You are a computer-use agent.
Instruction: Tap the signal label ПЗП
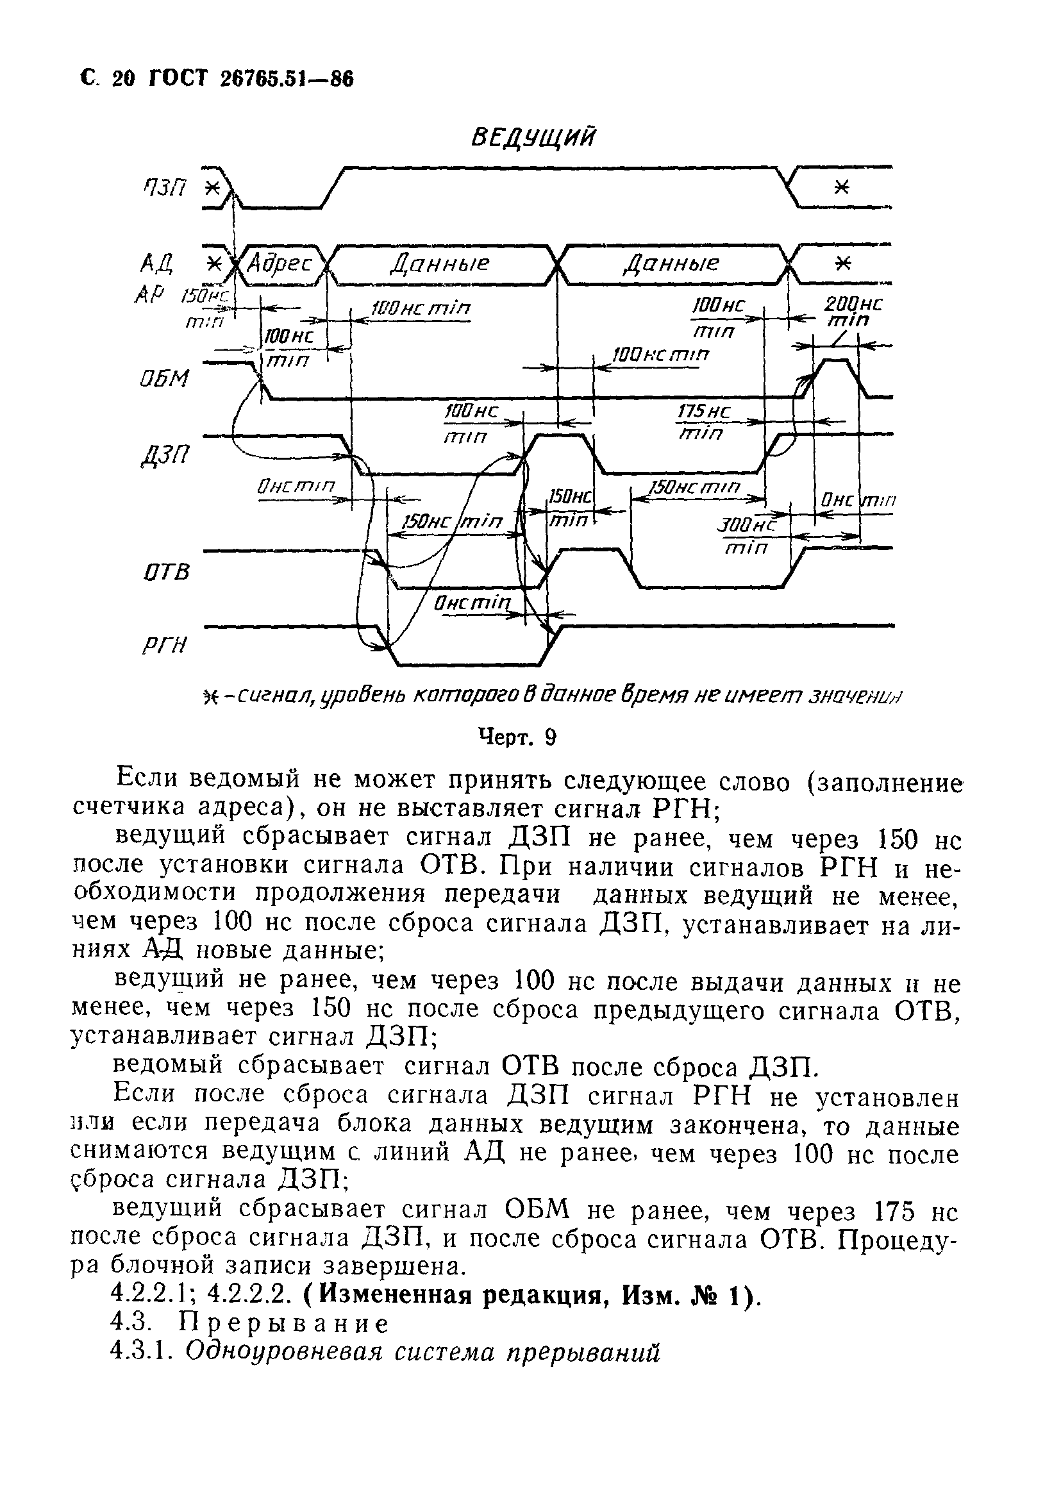(x=164, y=188)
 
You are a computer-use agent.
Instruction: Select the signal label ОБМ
(x=164, y=380)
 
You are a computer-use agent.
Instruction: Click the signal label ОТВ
(x=167, y=572)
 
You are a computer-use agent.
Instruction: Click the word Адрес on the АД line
(x=280, y=264)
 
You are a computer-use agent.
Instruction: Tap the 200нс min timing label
(x=852, y=312)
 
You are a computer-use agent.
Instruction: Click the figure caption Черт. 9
(x=517, y=738)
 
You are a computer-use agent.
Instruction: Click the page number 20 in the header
(x=123, y=79)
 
